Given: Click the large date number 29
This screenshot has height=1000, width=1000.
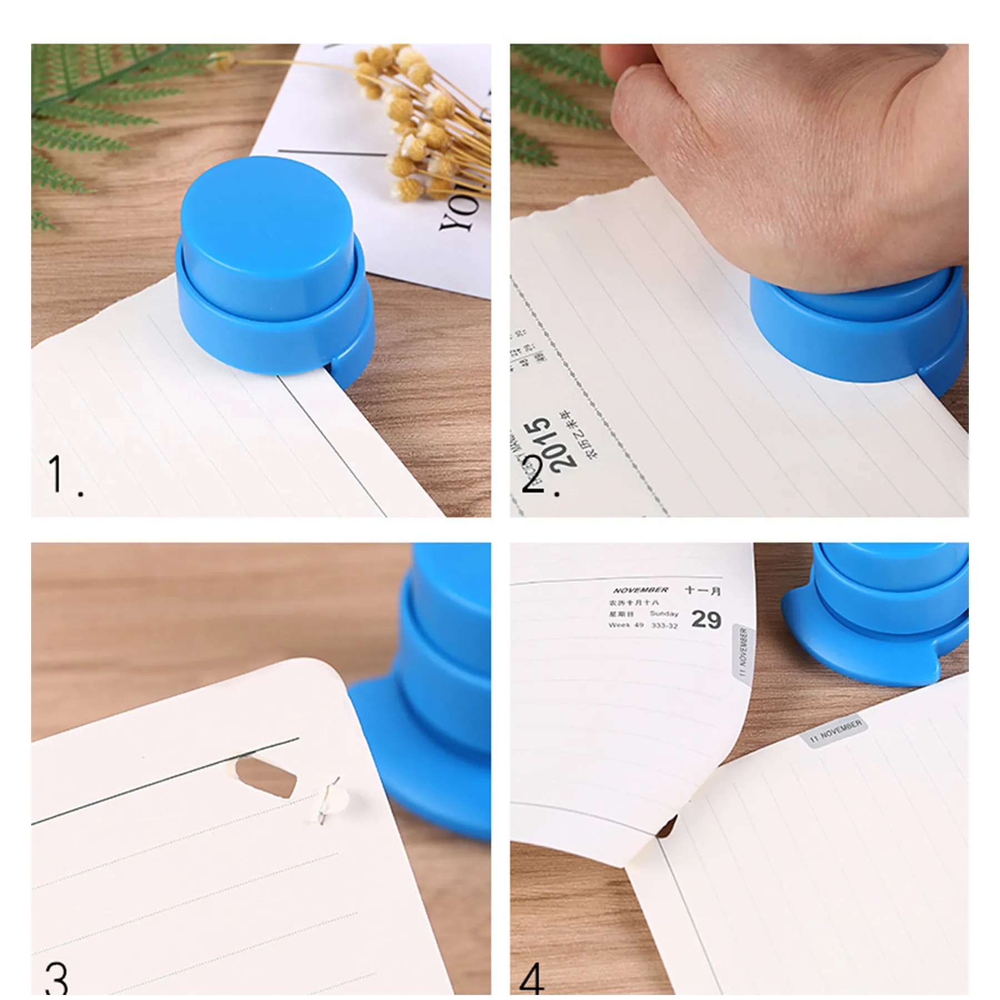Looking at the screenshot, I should tap(706, 619).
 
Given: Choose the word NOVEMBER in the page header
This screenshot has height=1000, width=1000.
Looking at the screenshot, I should tap(641, 590).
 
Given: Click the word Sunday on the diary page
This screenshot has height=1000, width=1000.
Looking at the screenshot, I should tap(664, 614).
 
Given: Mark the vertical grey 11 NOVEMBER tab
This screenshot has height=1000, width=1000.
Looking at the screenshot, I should tap(743, 651).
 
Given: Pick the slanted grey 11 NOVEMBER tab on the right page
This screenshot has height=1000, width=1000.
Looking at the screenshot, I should tap(835, 730).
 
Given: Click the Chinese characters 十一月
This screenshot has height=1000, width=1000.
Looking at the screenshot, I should tap(702, 591).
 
